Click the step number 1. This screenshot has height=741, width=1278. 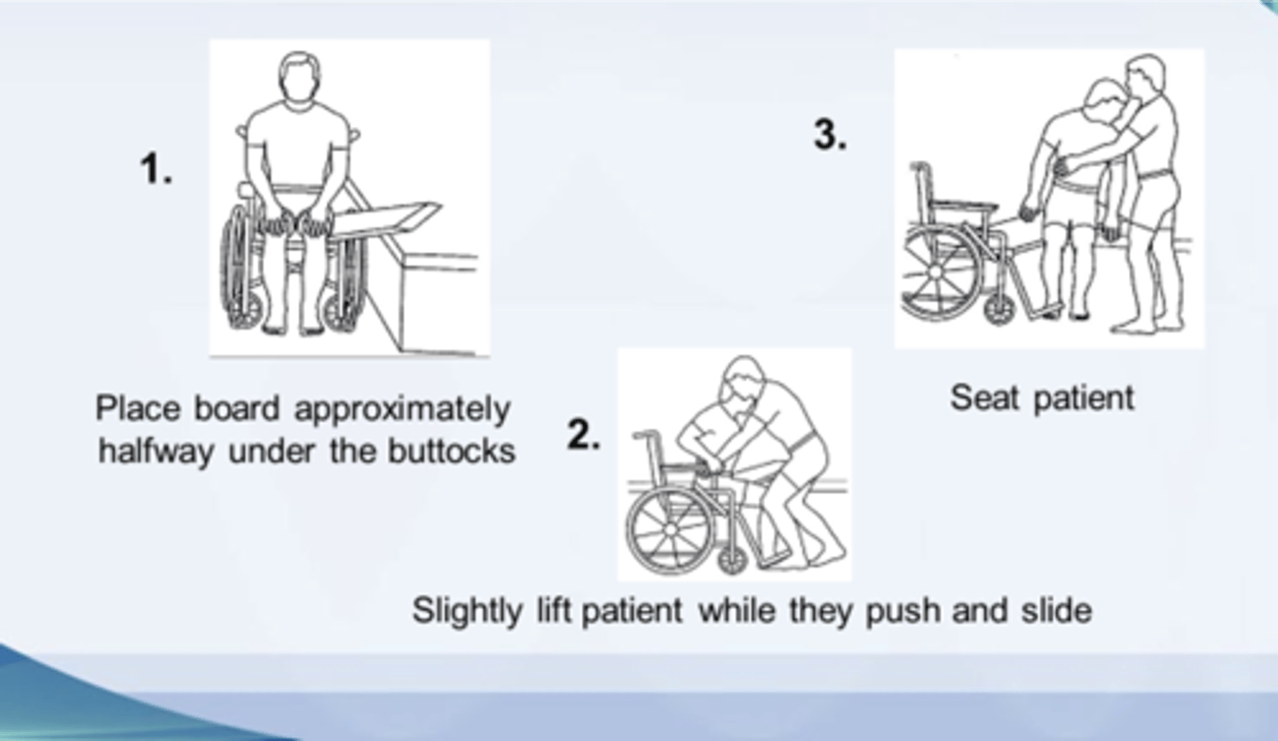(155, 169)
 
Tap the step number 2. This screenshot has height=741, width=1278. (582, 435)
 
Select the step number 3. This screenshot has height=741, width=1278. (830, 135)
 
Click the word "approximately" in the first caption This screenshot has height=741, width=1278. (402, 410)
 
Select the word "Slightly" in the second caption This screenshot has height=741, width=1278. (467, 611)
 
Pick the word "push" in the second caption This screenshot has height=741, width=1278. (903, 612)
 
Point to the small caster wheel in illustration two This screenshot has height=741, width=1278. (732, 562)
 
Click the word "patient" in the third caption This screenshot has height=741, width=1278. (1084, 398)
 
